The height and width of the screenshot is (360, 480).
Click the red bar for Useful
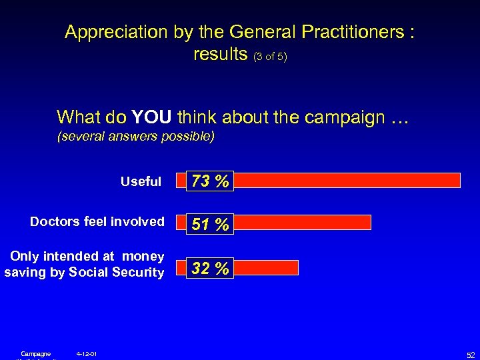347,180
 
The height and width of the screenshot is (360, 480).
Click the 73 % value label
210,181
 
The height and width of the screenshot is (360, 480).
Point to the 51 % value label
210,225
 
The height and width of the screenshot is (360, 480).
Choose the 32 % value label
210,268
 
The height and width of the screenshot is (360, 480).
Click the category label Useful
141,181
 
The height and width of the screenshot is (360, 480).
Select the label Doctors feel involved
97,221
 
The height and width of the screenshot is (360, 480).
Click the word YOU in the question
153,117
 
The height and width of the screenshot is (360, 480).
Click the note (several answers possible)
136,137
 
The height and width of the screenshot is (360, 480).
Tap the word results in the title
221,54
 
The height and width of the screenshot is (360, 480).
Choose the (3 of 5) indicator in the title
270,56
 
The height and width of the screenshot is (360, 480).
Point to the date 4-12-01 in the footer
87,353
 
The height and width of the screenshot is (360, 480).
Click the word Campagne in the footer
35,353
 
